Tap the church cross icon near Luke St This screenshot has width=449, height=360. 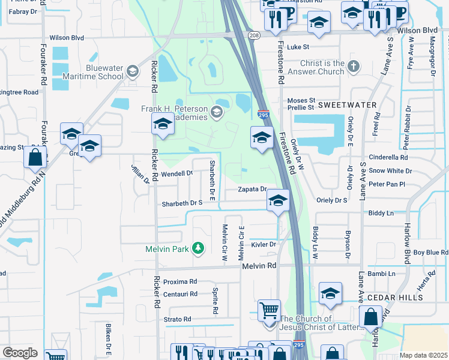coord(354,67)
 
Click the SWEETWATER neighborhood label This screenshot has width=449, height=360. coord(347,105)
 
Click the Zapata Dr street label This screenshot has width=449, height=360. coord(252,189)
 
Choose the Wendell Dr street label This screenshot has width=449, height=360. coord(176,173)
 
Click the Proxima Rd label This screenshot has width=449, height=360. coord(180,281)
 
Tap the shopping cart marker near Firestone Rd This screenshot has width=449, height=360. coord(269,311)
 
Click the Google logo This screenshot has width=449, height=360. coord(20,353)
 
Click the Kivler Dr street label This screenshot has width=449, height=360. coord(264,244)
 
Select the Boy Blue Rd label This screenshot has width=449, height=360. coord(430,253)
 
